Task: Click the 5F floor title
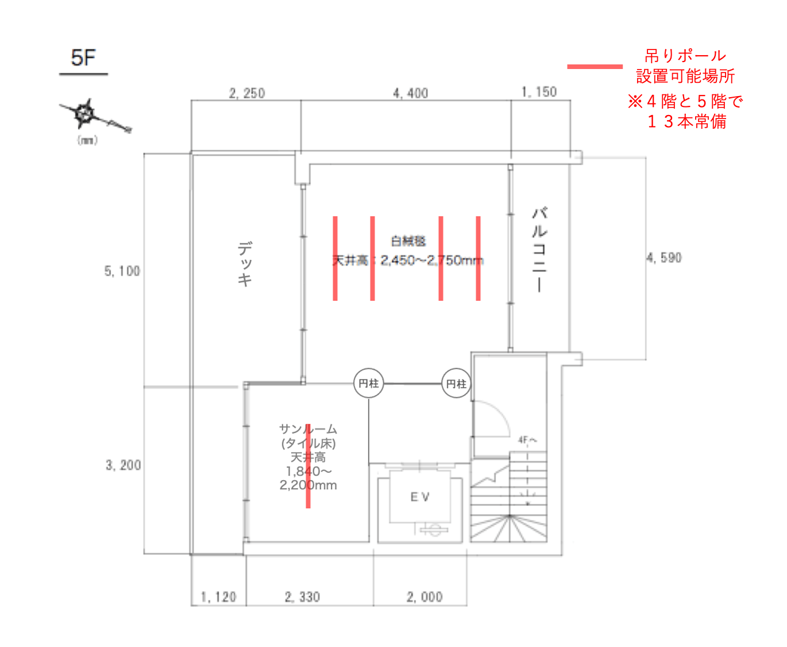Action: pyautogui.click(x=83, y=58)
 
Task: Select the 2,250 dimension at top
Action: pyautogui.click(x=246, y=93)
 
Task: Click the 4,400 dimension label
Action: pyautogui.click(x=410, y=93)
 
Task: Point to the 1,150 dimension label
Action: pyautogui.click(x=539, y=92)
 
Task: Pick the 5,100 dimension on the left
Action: pyautogui.click(x=122, y=271)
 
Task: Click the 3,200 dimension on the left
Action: pyautogui.click(x=123, y=465)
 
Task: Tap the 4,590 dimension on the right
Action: pyautogui.click(x=664, y=258)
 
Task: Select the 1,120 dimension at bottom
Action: pyautogui.click(x=218, y=597)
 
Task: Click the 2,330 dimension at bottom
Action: pyautogui.click(x=302, y=597)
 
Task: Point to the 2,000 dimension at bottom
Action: pyautogui.click(x=425, y=597)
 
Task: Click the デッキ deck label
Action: pyautogui.click(x=245, y=264)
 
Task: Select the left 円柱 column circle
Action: pyautogui.click(x=368, y=383)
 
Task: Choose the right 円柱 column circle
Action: pyautogui.click(x=456, y=384)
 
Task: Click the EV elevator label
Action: pyautogui.click(x=420, y=497)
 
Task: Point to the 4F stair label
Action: pyautogui.click(x=527, y=441)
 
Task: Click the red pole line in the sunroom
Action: pyautogui.click(x=308, y=466)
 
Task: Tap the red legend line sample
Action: pyautogui.click(x=595, y=67)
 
